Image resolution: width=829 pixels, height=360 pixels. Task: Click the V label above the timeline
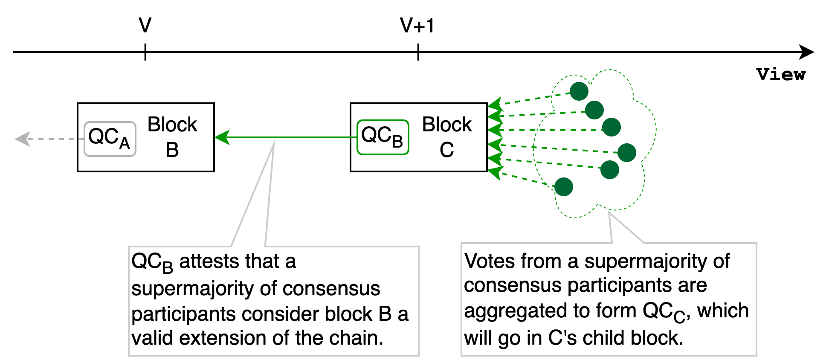click(x=145, y=26)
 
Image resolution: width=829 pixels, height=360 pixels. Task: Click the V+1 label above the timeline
click(x=417, y=26)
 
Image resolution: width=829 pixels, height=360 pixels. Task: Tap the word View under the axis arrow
click(x=781, y=75)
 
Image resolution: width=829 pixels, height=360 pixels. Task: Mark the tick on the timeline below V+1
click(x=418, y=52)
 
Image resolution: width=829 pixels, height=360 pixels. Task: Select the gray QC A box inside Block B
click(x=110, y=139)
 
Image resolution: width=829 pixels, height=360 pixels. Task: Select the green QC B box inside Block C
click(x=383, y=137)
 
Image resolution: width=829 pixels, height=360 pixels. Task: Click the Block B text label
click(x=172, y=137)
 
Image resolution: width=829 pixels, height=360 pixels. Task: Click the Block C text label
click(x=446, y=137)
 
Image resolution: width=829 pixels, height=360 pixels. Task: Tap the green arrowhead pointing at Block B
click(x=223, y=137)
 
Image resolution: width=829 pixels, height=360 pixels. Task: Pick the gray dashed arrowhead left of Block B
click(x=22, y=139)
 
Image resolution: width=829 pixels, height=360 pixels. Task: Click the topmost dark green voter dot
click(x=579, y=91)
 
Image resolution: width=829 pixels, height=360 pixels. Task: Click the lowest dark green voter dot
click(x=564, y=187)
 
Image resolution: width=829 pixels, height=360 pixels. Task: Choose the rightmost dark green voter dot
click(x=627, y=153)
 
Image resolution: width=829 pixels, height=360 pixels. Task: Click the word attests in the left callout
click(x=206, y=261)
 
